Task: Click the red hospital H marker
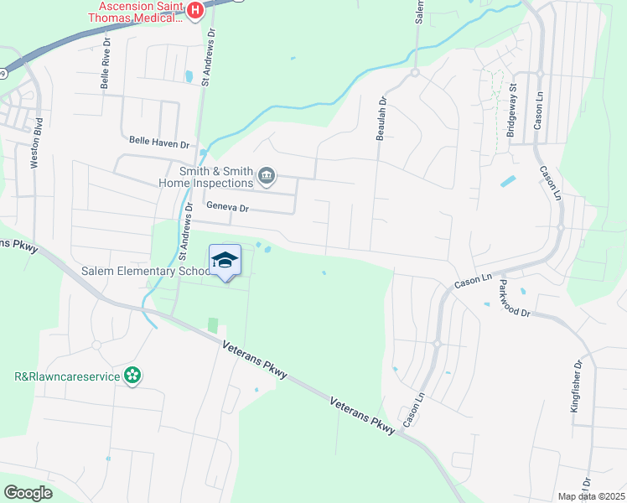(x=195, y=10)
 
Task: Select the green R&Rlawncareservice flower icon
(x=132, y=376)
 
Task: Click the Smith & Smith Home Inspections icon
(x=266, y=175)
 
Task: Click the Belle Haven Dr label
(x=159, y=143)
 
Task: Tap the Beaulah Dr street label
(x=382, y=118)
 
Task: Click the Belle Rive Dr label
(x=106, y=63)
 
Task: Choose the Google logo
(x=28, y=492)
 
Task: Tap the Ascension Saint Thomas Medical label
(x=138, y=11)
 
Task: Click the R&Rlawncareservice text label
(x=62, y=376)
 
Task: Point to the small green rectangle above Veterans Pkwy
(x=212, y=324)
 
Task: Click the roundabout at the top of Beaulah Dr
(x=414, y=73)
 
